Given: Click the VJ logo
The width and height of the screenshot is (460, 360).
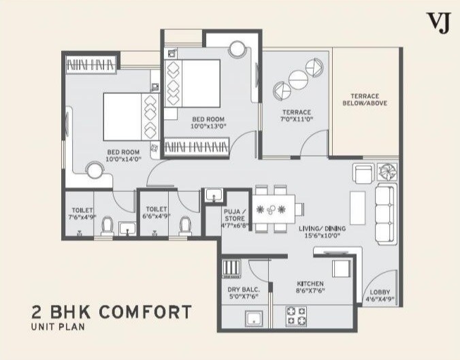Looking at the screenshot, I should tap(433, 23).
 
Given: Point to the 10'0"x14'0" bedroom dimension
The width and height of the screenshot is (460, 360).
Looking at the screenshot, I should tap(123, 159).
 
